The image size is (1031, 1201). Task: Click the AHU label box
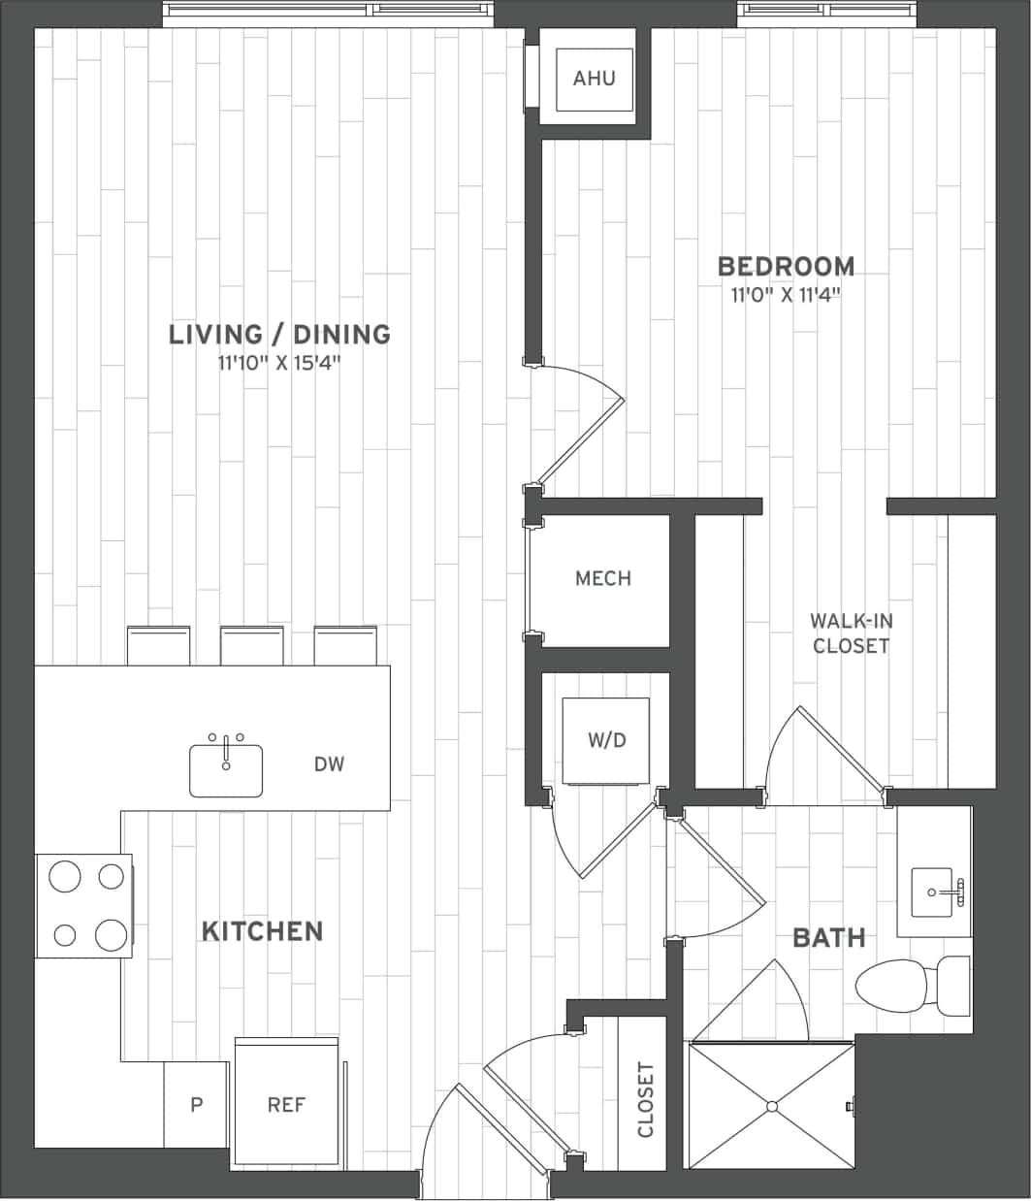coord(594,78)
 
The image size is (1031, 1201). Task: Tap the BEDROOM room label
coord(786,266)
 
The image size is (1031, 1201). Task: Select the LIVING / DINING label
coord(279,335)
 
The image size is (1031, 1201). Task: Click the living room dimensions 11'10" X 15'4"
coord(279,365)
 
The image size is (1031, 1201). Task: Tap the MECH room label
coord(603,579)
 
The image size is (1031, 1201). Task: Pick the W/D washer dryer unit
coord(606,740)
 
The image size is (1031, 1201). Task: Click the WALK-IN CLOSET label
coord(851,633)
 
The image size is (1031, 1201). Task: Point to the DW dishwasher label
coord(330,764)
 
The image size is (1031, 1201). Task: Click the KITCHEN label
coord(262,931)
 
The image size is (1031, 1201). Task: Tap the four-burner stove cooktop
coord(84,905)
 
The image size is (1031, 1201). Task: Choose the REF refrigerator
coord(286,1104)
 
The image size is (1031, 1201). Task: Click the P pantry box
coord(196,1105)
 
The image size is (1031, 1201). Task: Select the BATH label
coord(828,938)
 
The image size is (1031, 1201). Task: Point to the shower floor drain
coord(772,1106)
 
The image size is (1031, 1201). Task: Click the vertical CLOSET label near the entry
coord(645,1099)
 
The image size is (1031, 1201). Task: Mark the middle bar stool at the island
coord(252,645)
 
